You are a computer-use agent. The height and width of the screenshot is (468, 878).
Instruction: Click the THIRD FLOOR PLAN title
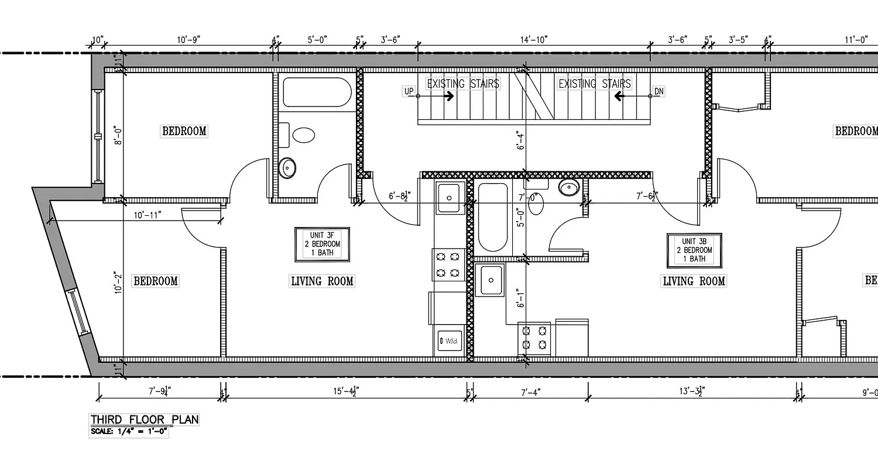(144, 419)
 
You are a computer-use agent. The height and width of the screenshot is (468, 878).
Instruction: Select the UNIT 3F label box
(322, 244)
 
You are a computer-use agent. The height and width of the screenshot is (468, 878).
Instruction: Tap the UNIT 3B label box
(694, 250)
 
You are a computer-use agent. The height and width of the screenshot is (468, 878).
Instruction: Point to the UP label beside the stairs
(409, 91)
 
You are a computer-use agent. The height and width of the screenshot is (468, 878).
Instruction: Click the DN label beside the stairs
(658, 91)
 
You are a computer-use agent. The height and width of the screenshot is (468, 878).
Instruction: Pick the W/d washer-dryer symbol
(449, 340)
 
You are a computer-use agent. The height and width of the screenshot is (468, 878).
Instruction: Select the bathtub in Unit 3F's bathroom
(317, 92)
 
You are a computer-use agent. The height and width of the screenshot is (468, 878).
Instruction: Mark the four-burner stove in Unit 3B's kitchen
(534, 338)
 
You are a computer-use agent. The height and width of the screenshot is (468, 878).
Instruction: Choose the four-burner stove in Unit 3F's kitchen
(448, 264)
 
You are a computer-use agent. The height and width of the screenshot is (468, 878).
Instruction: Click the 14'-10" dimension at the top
(533, 40)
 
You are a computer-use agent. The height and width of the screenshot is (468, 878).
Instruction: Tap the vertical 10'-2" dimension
(118, 281)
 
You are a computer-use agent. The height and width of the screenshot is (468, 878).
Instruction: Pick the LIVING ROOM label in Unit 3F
(322, 281)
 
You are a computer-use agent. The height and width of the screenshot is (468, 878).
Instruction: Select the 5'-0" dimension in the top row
(317, 40)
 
